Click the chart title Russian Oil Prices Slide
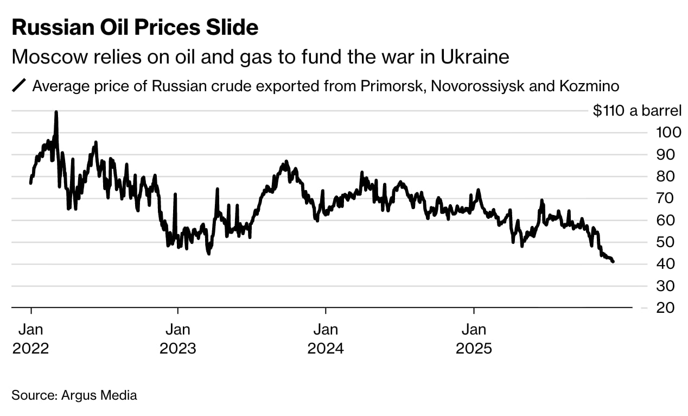[x=135, y=27]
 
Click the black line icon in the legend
[x=20, y=86]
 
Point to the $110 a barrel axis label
[x=636, y=111]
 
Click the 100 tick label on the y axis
[x=666, y=133]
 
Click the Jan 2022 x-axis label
[x=30, y=338]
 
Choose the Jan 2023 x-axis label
[x=178, y=338]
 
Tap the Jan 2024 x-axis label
[x=326, y=338]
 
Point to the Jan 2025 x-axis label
[x=474, y=338]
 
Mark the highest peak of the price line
[x=56, y=112]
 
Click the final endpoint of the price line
[x=613, y=262]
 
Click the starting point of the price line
[x=30, y=183]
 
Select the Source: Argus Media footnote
[x=74, y=395]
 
